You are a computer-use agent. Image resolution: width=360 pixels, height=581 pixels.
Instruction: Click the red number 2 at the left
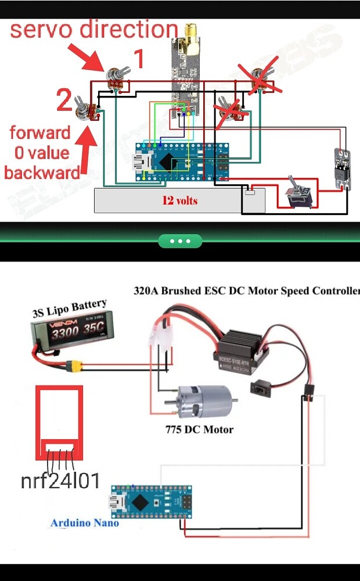(x=64, y=101)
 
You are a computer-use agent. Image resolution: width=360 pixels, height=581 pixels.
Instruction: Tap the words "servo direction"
(x=93, y=29)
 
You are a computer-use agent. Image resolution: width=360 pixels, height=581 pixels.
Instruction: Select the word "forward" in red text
(x=39, y=132)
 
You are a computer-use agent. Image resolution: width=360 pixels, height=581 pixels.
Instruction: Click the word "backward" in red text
(x=42, y=173)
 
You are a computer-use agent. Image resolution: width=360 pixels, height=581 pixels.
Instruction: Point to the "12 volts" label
(x=179, y=201)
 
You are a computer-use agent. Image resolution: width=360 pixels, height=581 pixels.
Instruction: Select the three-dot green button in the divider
(x=180, y=241)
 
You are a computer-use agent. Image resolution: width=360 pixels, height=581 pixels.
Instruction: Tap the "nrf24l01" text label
(x=60, y=481)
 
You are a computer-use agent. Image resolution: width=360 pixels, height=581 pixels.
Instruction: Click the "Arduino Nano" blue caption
(x=85, y=523)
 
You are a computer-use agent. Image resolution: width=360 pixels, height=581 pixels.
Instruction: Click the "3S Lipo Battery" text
(x=69, y=309)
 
